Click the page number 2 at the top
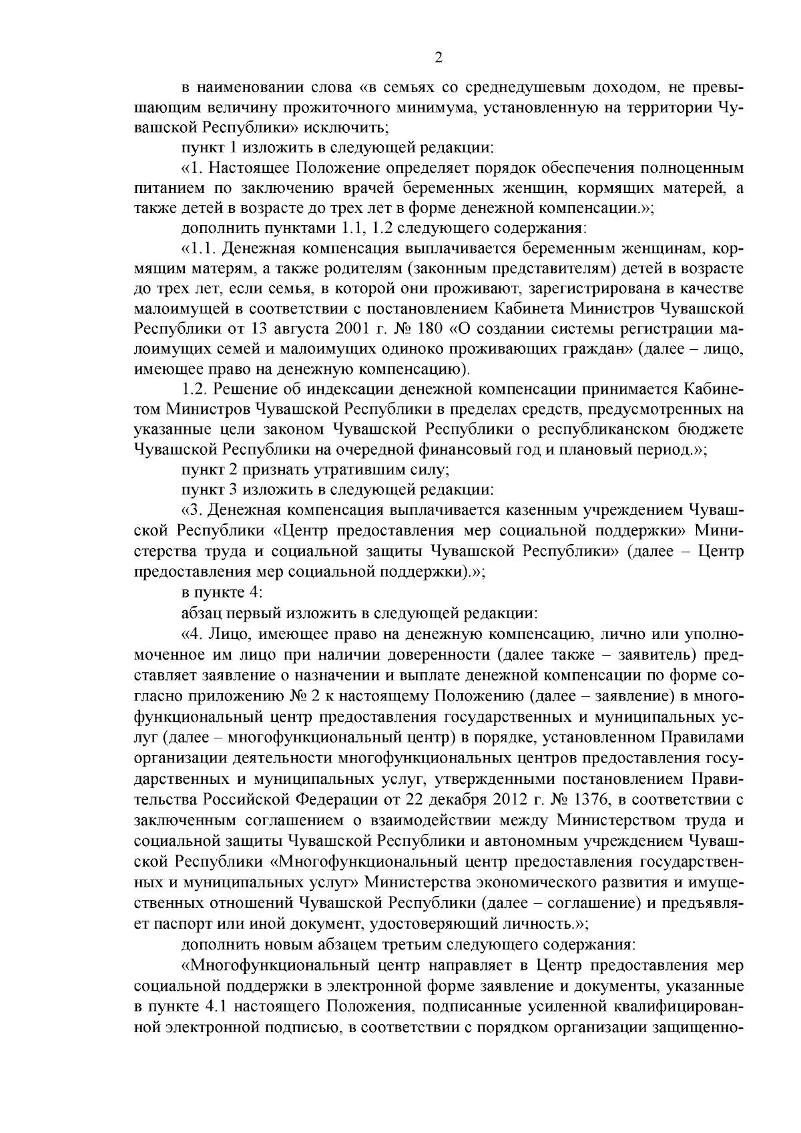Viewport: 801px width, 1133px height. tap(439, 58)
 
